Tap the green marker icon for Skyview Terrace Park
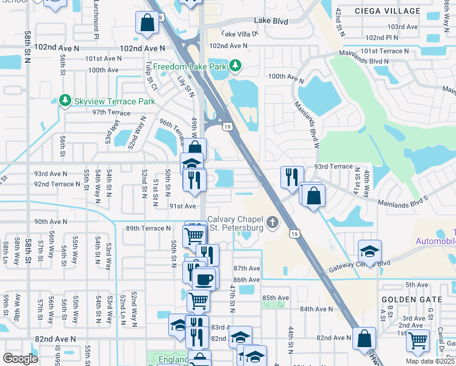pos(65,99)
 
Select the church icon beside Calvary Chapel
pos(274,224)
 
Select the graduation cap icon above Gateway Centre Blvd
pos(368,251)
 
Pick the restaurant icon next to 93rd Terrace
pos(289,176)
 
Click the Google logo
pos(20,359)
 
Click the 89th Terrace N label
pos(148,228)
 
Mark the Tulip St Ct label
pos(148,76)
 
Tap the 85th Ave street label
pos(275,298)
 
